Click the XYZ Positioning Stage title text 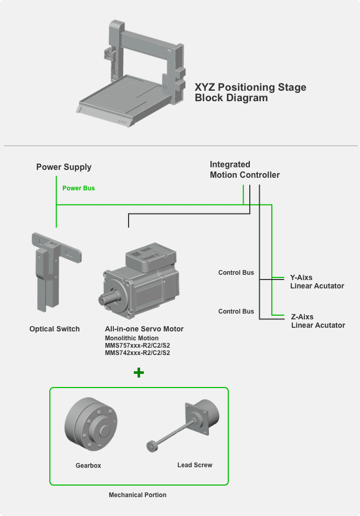click(x=250, y=92)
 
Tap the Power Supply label click(x=63, y=167)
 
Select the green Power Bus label click(x=78, y=188)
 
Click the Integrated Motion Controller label click(x=245, y=170)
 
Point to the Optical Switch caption click(x=55, y=329)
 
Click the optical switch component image click(x=52, y=270)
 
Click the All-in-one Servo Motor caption click(x=144, y=329)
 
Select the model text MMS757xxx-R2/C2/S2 click(x=137, y=346)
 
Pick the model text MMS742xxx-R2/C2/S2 click(x=137, y=353)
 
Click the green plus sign click(x=139, y=373)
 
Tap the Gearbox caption click(x=88, y=465)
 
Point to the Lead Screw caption click(x=195, y=465)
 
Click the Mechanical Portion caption click(x=137, y=494)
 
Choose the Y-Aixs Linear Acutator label click(x=317, y=282)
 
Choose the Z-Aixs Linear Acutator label click(x=318, y=321)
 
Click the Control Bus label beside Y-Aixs click(x=236, y=273)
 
